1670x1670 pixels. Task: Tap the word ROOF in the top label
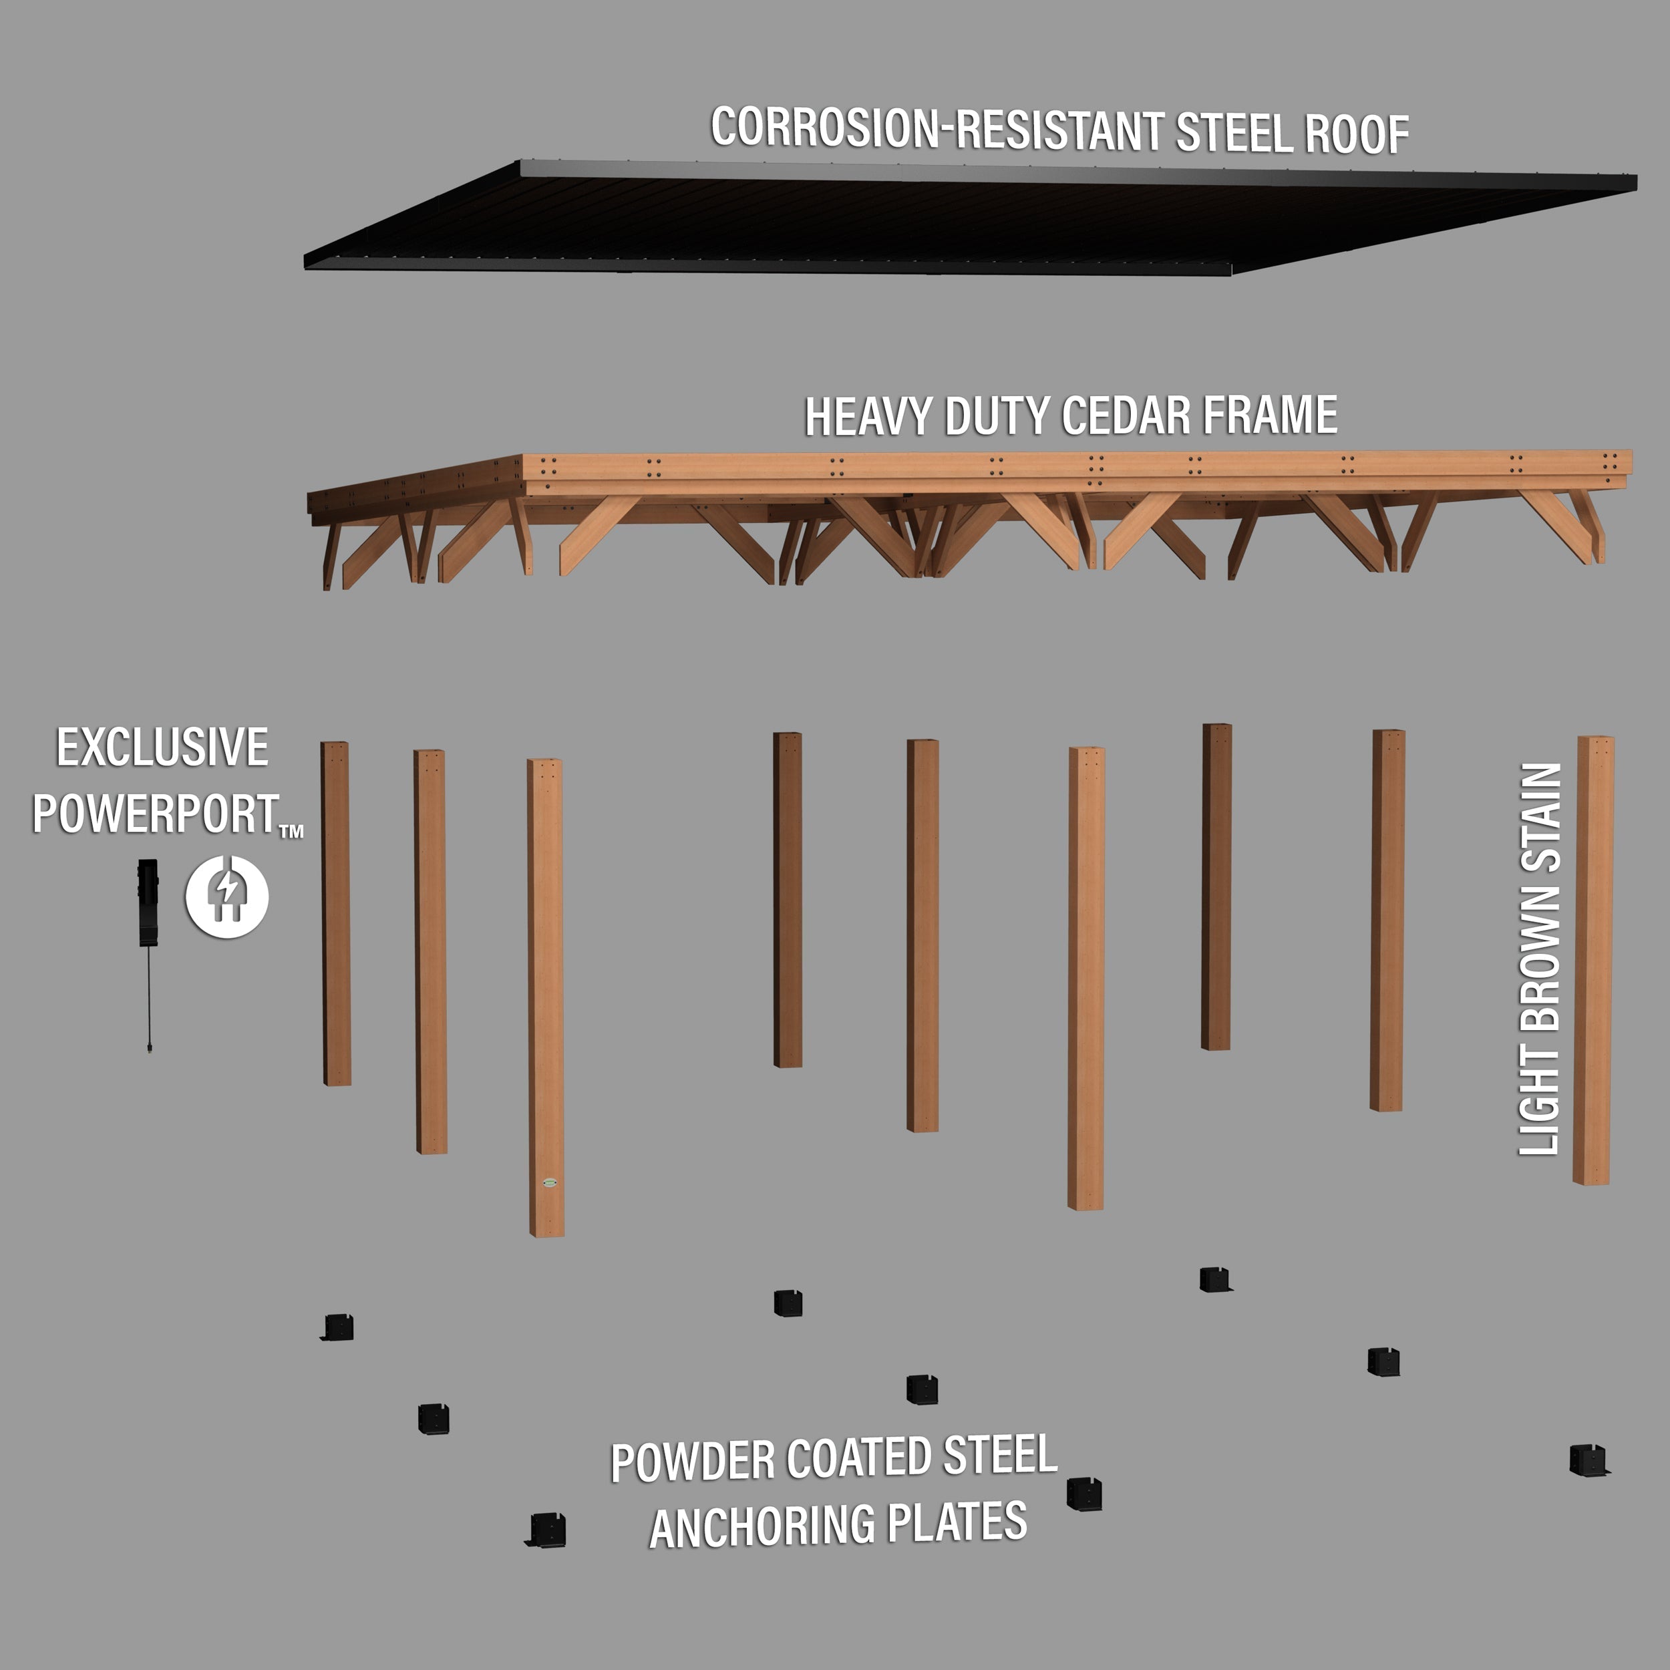pos(1355,136)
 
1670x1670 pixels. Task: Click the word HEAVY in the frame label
pos(868,417)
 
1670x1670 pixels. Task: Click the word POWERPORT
pos(156,814)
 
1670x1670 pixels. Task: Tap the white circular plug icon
pos(227,896)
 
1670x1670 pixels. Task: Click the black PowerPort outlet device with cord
pos(149,903)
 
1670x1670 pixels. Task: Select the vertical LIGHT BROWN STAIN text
pos(1540,959)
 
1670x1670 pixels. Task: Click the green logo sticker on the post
pos(549,1182)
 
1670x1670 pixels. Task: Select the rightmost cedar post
pos(1593,959)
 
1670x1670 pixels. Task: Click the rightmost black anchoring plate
pos(1588,1460)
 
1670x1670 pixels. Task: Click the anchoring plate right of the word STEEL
pos(1084,1494)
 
